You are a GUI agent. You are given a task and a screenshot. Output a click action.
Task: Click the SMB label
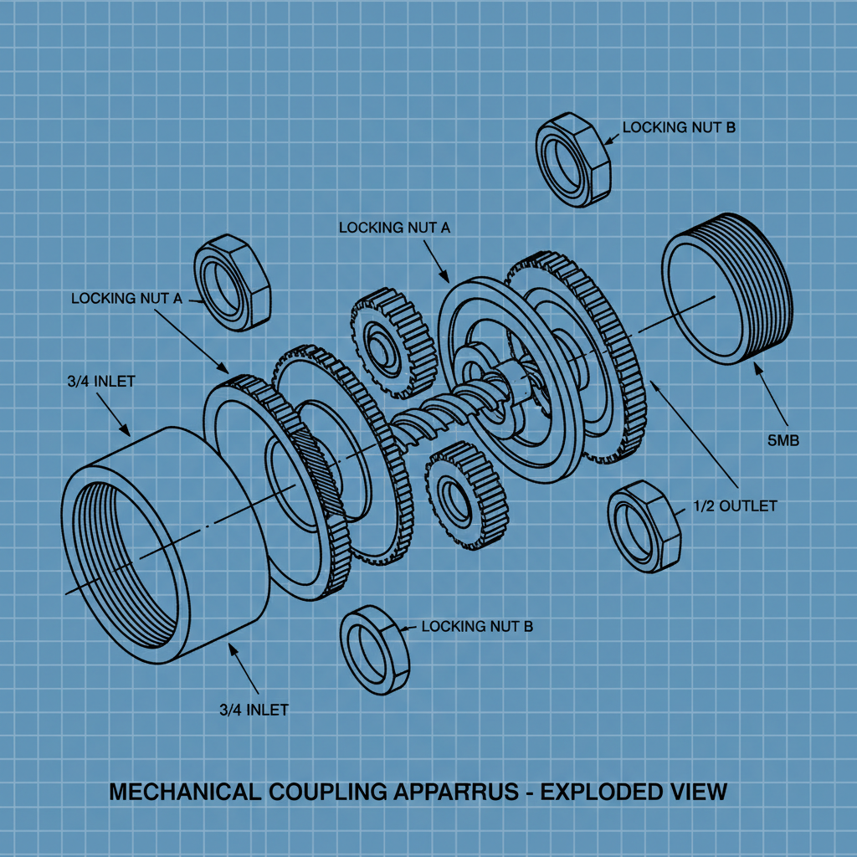783,440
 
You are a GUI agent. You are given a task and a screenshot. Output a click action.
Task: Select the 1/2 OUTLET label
735,506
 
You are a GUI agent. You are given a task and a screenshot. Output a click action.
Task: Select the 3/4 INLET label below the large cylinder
254,710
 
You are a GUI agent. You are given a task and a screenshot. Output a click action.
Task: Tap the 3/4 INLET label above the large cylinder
101,382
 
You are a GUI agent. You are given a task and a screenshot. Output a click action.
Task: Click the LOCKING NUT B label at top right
679,128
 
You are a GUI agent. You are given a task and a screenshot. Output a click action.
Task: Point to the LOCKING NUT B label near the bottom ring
477,626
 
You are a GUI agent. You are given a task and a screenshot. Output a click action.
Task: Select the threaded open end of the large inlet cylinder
126,573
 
